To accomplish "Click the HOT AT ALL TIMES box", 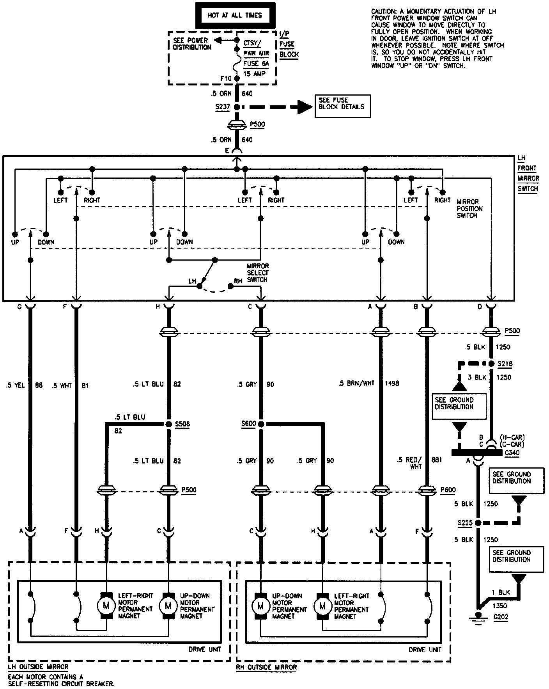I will pyautogui.click(x=235, y=16).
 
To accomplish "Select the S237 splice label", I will pyautogui.click(x=221, y=107).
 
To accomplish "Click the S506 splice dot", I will pyautogui.click(x=168, y=424).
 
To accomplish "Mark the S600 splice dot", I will pyautogui.click(x=261, y=424).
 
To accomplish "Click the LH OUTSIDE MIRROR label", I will pyautogui.click(x=38, y=666).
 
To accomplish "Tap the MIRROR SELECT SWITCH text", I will pyautogui.click(x=258, y=273).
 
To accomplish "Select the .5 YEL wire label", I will pyautogui.click(x=16, y=385).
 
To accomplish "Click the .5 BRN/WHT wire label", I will pyautogui.click(x=356, y=384).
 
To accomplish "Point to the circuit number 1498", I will pyautogui.click(x=392, y=384).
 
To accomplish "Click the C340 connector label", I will pyautogui.click(x=512, y=453).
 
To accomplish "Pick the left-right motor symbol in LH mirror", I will pyautogui.click(x=106, y=606).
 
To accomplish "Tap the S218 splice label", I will pyautogui.click(x=505, y=364).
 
